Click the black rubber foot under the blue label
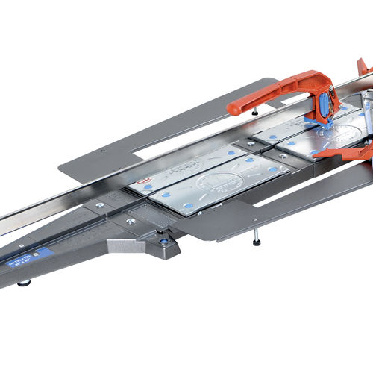coord(25,283)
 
